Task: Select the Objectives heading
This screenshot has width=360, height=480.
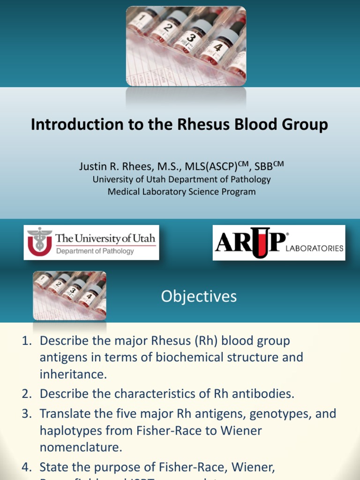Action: coord(199,296)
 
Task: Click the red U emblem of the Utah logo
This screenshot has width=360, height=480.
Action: coord(39,242)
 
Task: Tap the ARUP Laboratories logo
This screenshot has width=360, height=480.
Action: coord(279,243)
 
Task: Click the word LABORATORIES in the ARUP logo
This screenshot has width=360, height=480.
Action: coord(315,248)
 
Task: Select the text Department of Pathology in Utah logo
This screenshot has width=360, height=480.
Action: coord(95,251)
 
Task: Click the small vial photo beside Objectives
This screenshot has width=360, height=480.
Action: coord(69,295)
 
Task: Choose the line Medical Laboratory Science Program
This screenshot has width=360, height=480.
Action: coord(182,192)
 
